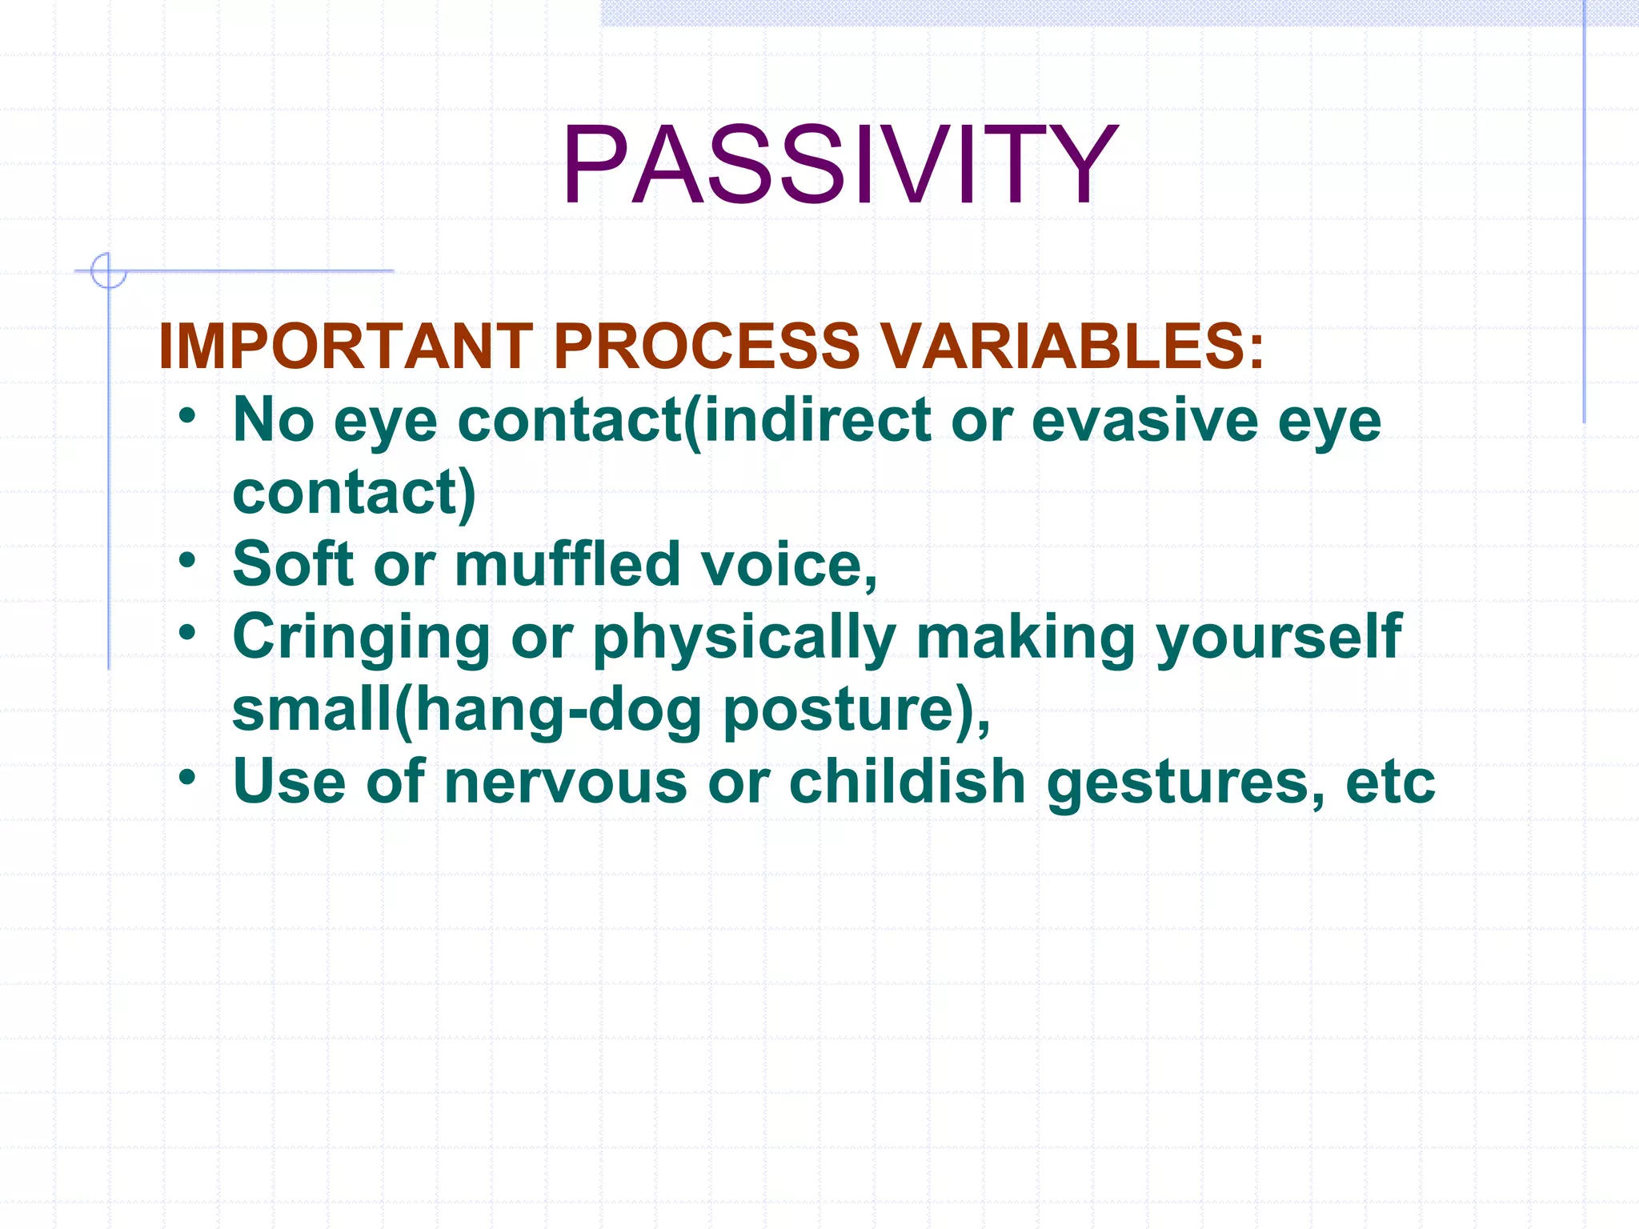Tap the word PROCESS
pyautogui.click(x=706, y=346)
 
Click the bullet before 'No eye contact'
pyautogui.click(x=187, y=416)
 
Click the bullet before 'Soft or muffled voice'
pyautogui.click(x=187, y=560)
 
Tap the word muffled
pyautogui.click(x=567, y=565)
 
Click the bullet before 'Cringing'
pyautogui.click(x=187, y=633)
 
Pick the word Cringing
pyautogui.click(x=361, y=638)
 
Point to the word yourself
pyautogui.click(x=1278, y=638)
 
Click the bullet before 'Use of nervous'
pyautogui.click(x=187, y=777)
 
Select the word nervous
pyautogui.click(x=565, y=783)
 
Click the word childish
pyautogui.click(x=907, y=781)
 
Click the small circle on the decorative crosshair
pyautogui.click(x=108, y=270)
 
